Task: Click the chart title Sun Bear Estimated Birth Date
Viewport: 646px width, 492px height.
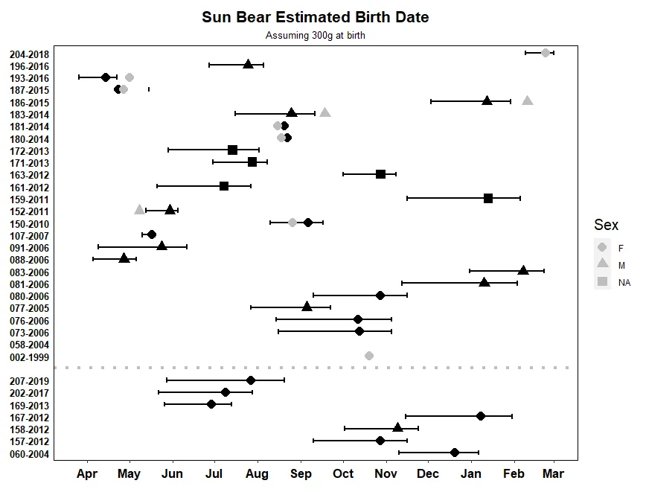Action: click(x=316, y=17)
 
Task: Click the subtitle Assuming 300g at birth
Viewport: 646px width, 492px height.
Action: click(x=316, y=35)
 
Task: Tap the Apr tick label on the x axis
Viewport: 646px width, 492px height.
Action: click(x=87, y=473)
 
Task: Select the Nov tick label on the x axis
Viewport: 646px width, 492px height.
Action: click(x=386, y=473)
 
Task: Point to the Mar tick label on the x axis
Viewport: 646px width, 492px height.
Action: click(x=553, y=473)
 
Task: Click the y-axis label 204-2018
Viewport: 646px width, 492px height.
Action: click(x=29, y=54)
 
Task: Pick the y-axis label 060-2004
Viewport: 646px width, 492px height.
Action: click(x=29, y=453)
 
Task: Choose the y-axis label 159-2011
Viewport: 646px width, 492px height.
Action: click(x=29, y=199)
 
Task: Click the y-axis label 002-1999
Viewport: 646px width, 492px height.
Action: click(x=29, y=357)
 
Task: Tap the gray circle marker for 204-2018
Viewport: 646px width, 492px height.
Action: click(x=546, y=53)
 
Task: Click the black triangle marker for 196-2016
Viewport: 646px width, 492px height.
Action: click(x=249, y=64)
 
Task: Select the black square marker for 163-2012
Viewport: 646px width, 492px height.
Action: click(x=380, y=174)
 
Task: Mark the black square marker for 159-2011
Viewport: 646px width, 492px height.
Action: click(x=488, y=198)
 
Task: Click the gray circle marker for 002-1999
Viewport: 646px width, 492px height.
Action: click(x=369, y=356)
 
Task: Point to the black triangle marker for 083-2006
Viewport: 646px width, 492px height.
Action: click(x=523, y=270)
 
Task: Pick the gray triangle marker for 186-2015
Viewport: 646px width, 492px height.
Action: click(x=528, y=100)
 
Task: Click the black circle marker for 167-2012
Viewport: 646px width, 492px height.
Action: click(x=481, y=415)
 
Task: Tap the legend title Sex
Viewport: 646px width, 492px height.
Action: click(x=606, y=226)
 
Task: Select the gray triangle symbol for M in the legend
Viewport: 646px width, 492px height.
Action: click(x=602, y=264)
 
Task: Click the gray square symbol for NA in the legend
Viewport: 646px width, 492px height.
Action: click(x=602, y=282)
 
